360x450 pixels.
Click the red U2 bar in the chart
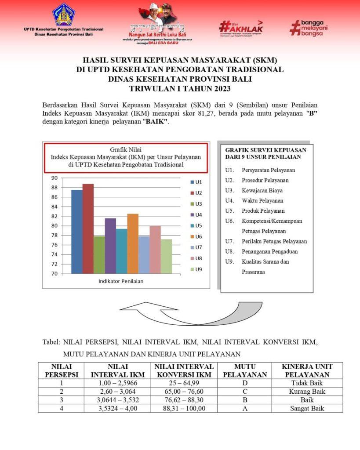click(x=88, y=229)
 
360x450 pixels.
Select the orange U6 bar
click(x=133, y=243)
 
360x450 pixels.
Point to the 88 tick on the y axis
click(x=55, y=188)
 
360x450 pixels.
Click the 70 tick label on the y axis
click(x=55, y=274)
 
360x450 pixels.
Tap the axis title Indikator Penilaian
click(x=121, y=281)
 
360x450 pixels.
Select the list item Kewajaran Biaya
click(x=262, y=191)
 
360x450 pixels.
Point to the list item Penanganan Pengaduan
click(x=269, y=252)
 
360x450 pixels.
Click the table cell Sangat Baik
click(x=306, y=408)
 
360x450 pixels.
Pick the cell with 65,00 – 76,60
click(x=185, y=391)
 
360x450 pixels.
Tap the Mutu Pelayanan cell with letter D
click(x=245, y=383)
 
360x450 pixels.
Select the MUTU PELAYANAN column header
click(x=245, y=370)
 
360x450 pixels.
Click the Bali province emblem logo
click(x=64, y=15)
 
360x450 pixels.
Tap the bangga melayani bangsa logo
click(x=309, y=27)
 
